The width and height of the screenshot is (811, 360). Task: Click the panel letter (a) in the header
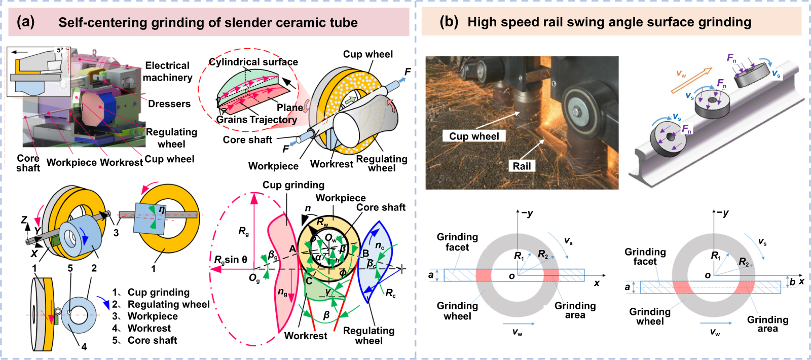[x=25, y=22]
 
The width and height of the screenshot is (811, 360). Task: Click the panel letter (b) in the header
[x=449, y=21]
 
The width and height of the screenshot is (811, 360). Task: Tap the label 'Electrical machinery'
[x=167, y=71]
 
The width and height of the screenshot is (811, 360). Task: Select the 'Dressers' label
[x=169, y=104]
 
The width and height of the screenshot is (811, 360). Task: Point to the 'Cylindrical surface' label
[x=253, y=62]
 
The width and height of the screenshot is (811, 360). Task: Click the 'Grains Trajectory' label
[x=256, y=120]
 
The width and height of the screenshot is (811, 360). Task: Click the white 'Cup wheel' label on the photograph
[x=474, y=136]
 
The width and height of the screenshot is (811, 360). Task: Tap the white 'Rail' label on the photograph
[x=522, y=166]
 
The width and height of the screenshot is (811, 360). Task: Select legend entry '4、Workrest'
[x=145, y=328]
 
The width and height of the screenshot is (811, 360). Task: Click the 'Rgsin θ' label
[x=231, y=260]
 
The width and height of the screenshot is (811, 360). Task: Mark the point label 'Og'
[x=254, y=278]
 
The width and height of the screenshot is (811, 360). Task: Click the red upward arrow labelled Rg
[x=254, y=228]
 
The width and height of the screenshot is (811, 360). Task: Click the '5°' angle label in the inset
[x=60, y=50]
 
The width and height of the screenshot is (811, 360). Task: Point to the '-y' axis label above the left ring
[x=527, y=213]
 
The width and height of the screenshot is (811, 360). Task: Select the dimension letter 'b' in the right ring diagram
[x=792, y=281]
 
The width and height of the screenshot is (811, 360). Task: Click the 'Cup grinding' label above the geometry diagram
[x=293, y=185]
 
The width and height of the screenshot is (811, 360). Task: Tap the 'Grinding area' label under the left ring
[x=575, y=310]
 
